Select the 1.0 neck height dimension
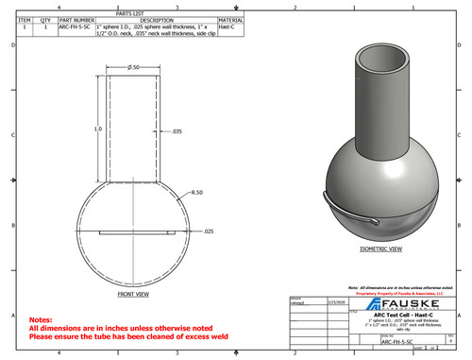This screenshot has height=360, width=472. click(x=97, y=128)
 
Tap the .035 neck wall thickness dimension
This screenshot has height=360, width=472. click(x=176, y=130)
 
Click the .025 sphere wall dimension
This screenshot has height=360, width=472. click(x=209, y=231)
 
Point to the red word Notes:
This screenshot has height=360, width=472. click(x=42, y=320)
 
